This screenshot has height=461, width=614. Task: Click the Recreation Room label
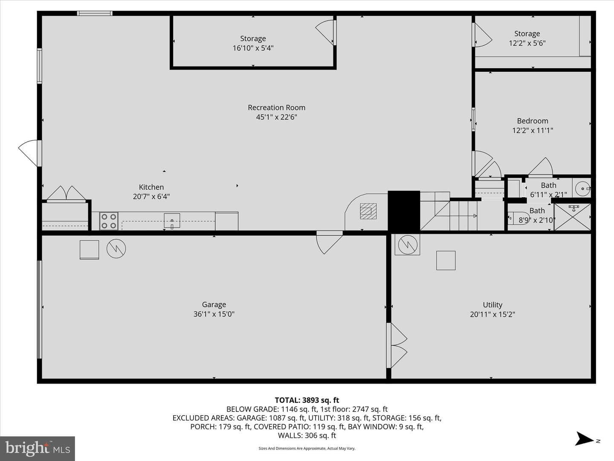(276, 108)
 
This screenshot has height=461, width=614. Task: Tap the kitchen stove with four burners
(109, 221)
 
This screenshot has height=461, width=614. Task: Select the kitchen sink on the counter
(172, 221)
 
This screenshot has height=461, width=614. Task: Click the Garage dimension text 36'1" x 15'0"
(214, 314)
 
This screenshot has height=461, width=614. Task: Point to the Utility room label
(492, 305)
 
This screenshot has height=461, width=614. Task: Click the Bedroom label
(532, 121)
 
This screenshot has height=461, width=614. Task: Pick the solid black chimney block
(404, 211)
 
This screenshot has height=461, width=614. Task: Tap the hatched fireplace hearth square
(368, 211)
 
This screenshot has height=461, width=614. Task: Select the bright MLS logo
(38, 449)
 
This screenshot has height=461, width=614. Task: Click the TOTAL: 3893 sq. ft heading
(307, 400)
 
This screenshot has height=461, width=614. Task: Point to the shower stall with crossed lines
(572, 217)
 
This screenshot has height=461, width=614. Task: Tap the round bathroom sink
(583, 189)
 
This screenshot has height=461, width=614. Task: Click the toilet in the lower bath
(514, 218)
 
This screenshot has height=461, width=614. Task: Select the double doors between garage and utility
(397, 345)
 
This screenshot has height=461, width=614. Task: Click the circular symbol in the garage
(116, 248)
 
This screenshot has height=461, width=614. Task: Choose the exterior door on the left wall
(30, 153)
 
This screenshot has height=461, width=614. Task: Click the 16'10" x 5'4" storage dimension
(253, 48)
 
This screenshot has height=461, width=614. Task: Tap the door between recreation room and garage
(330, 242)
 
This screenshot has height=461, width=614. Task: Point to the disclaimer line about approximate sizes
(307, 448)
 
